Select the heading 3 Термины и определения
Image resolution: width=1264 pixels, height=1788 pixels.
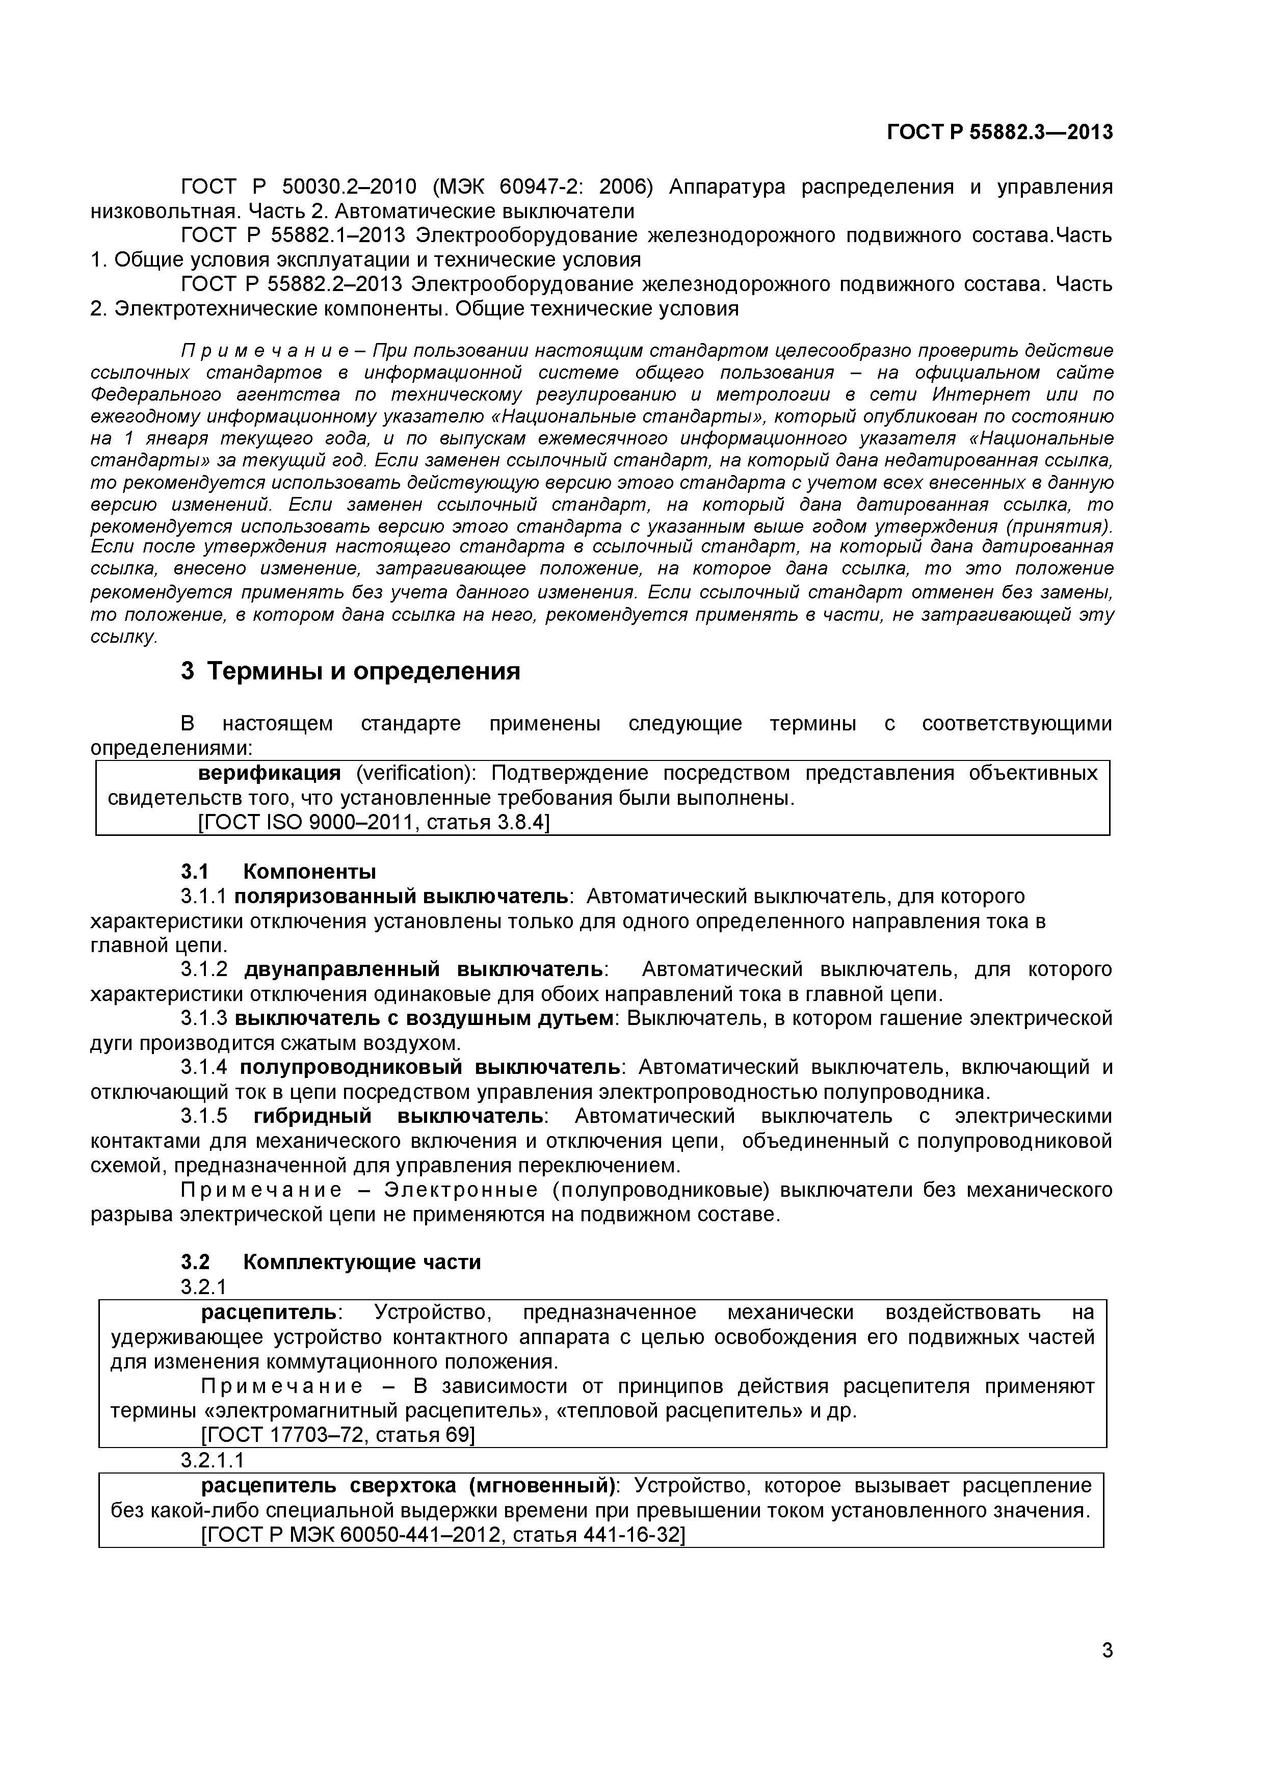point(351,671)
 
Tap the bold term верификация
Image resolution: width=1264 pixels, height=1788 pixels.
point(270,773)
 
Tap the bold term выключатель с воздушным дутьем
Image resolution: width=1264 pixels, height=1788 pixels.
point(424,1018)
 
